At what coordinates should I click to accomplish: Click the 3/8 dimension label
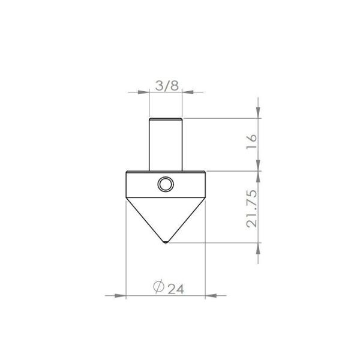click(x=167, y=86)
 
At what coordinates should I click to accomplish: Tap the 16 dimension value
click(x=251, y=142)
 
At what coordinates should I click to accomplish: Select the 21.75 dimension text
click(x=251, y=208)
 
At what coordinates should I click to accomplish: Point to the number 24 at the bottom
click(x=176, y=289)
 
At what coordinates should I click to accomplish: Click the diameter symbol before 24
click(x=158, y=286)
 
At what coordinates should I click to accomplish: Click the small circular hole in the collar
click(x=166, y=184)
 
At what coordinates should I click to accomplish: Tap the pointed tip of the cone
click(x=166, y=242)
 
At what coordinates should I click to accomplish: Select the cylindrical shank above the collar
click(x=166, y=145)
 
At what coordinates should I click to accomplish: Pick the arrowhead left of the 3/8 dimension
click(x=143, y=92)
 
